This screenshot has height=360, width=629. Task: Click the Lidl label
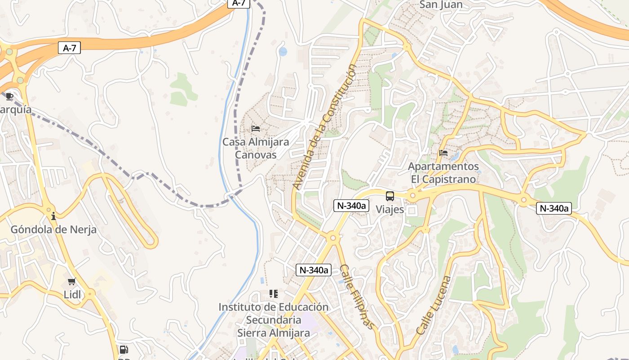(72, 295)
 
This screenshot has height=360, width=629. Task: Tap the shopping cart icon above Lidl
(71, 282)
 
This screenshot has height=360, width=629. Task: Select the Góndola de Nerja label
(53, 229)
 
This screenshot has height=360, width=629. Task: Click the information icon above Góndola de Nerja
(53, 216)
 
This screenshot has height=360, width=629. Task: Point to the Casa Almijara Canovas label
(256, 148)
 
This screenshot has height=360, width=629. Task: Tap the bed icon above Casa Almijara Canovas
(256, 129)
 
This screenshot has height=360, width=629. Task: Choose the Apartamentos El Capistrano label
(443, 173)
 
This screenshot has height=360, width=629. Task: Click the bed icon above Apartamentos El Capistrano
(443, 153)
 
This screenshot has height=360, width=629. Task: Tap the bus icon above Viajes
(390, 196)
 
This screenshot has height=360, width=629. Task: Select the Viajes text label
(390, 209)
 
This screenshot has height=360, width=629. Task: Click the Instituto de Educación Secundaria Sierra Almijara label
(273, 319)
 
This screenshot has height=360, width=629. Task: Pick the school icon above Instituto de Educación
(273, 294)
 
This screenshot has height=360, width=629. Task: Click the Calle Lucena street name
(434, 305)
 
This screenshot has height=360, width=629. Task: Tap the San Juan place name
(441, 5)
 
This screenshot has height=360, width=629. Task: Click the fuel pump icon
(124, 350)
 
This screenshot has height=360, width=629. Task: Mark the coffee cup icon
(9, 96)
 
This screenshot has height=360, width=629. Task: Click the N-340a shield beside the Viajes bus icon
(351, 206)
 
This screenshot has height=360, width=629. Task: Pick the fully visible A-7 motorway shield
(69, 48)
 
